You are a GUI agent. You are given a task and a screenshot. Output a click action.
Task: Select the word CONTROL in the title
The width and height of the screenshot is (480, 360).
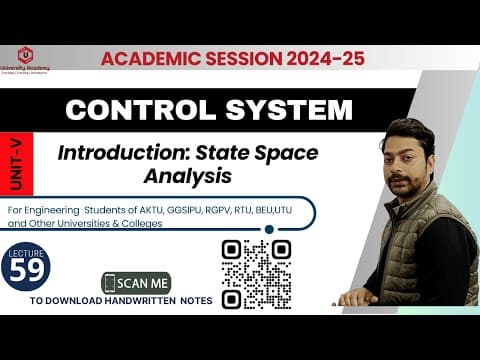click(143, 109)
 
